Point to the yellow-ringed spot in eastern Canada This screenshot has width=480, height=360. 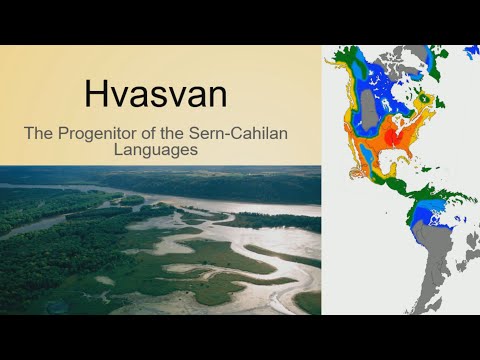pyautogui.click(x=426, y=100)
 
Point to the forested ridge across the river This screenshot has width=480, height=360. pyautogui.click(x=200, y=186)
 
